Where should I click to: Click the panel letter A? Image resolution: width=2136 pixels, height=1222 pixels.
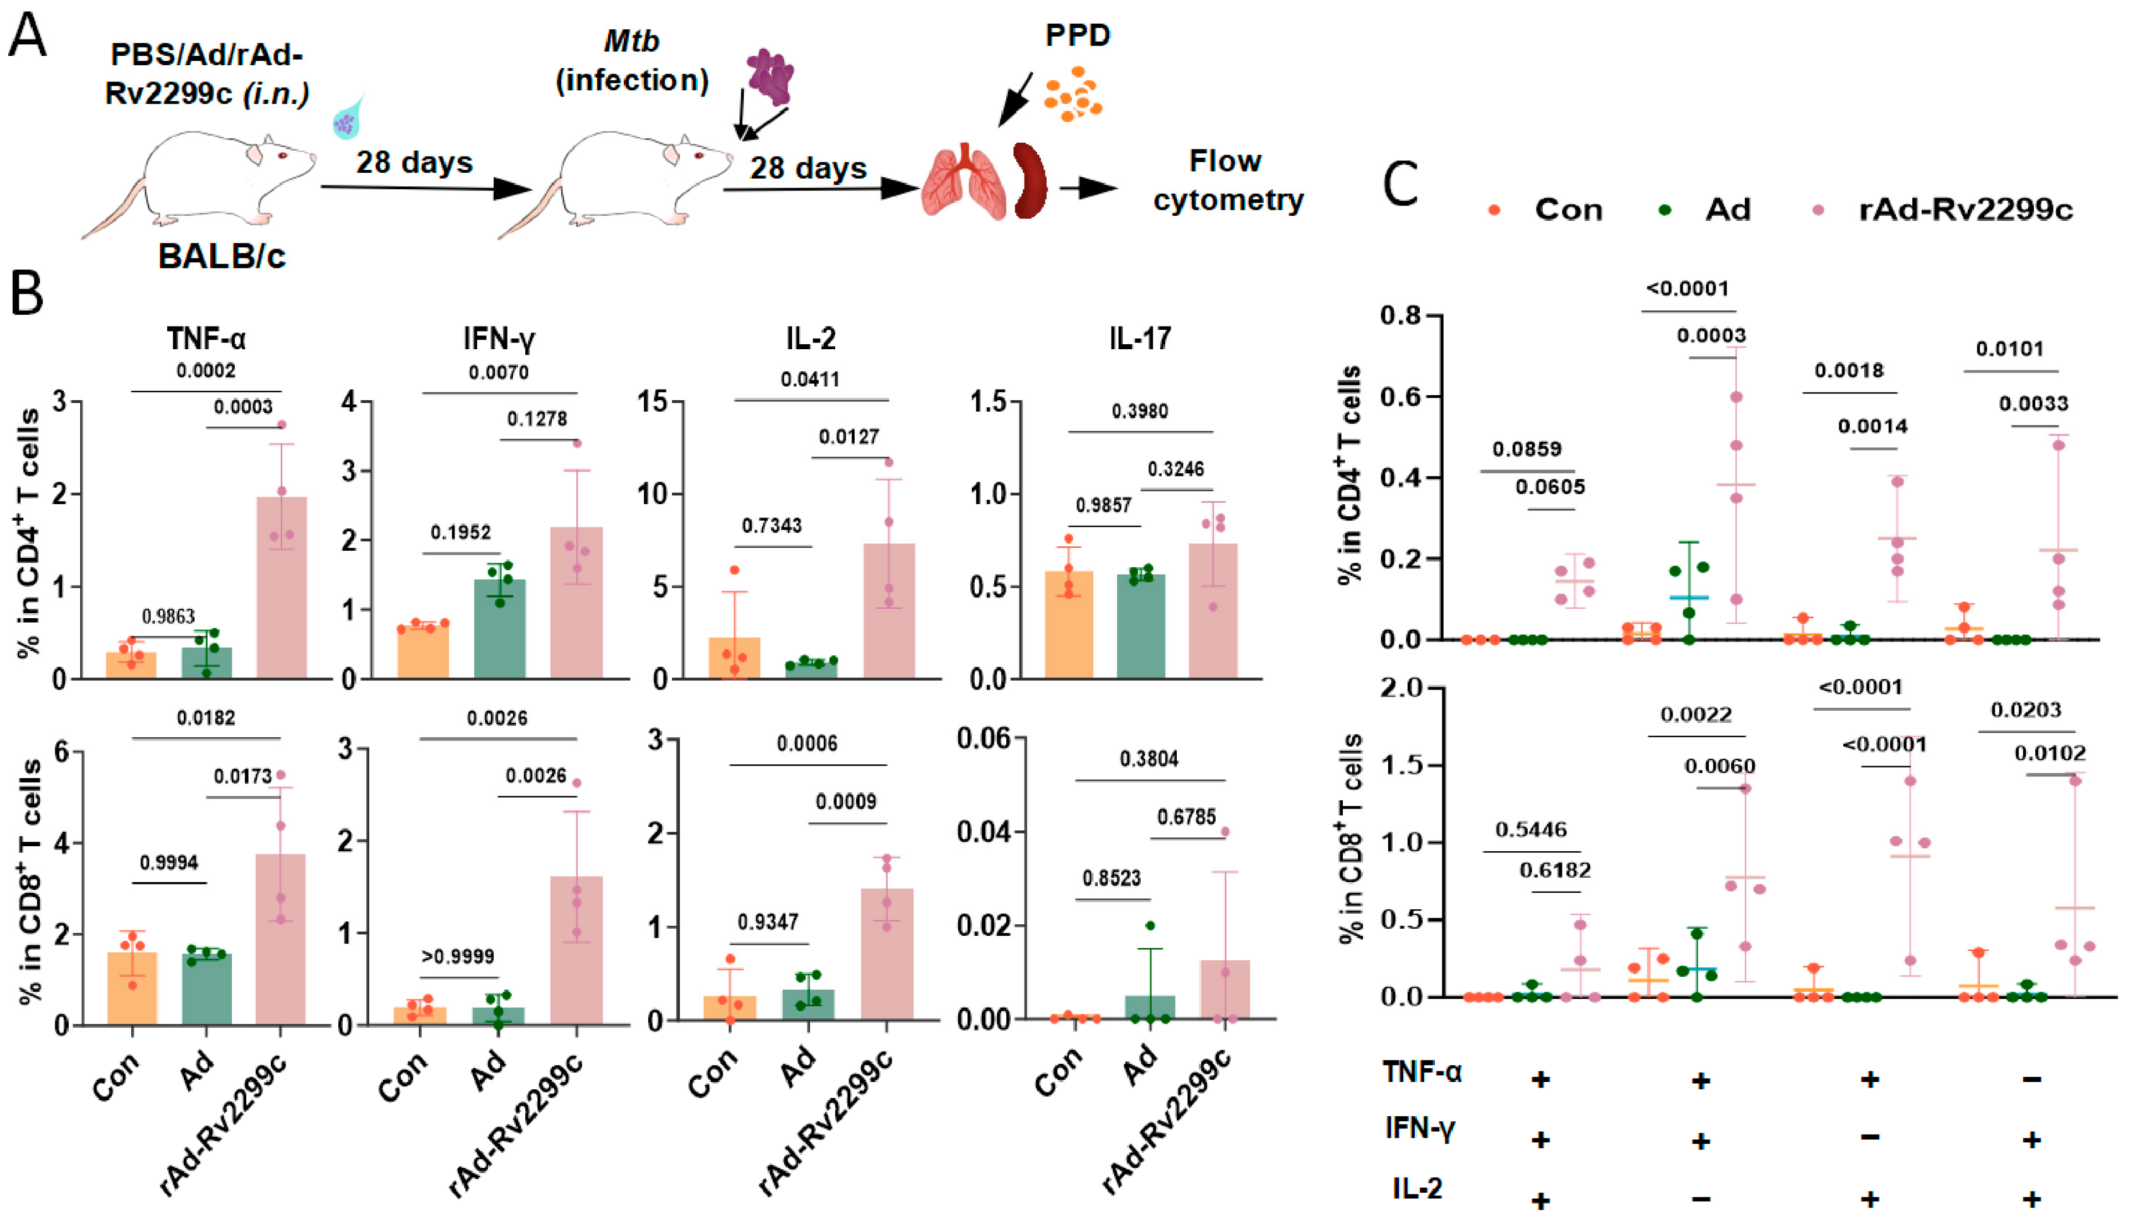[27, 38]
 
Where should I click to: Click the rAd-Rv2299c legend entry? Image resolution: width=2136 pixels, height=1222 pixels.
[1964, 209]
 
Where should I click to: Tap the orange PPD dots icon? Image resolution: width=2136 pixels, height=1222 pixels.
[1073, 94]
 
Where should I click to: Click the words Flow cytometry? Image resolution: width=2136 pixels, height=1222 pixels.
[1227, 180]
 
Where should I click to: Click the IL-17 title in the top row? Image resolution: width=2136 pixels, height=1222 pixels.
[1139, 338]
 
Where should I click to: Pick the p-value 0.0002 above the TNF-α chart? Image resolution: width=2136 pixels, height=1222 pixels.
[205, 370]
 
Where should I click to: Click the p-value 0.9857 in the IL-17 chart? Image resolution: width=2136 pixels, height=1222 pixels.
[1104, 505]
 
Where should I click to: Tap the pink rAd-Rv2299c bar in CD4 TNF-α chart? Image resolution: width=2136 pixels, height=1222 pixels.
[281, 588]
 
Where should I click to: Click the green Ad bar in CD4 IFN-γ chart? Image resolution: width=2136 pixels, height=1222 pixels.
[500, 629]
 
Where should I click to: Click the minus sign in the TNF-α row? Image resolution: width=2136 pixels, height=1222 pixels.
[2031, 1079]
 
